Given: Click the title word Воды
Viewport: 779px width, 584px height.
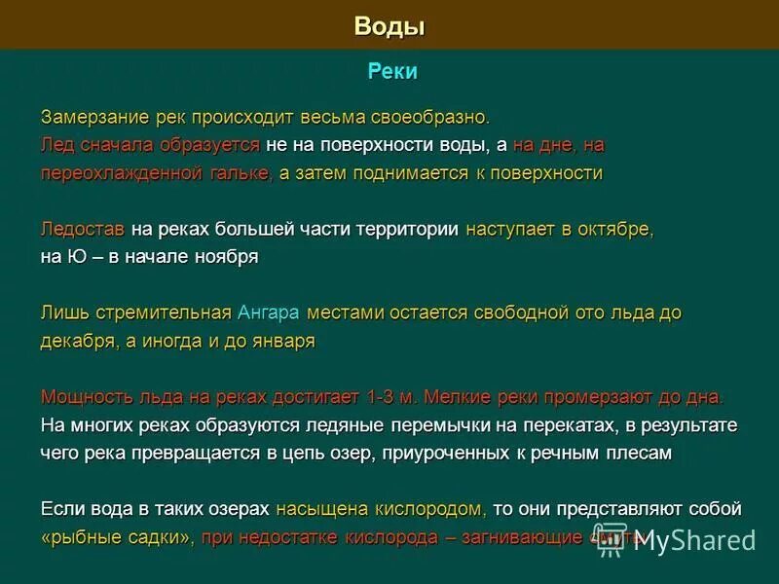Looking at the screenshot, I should pos(389,26).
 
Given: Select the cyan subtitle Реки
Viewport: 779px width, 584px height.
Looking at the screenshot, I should pos(392,72).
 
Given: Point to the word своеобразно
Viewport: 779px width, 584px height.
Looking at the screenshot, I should pos(429,117).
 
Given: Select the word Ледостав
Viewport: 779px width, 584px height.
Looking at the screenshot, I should pos(83,230).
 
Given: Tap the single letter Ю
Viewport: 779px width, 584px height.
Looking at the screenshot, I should pos(75,257).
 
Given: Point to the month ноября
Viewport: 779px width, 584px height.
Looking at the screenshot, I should pos(226,257).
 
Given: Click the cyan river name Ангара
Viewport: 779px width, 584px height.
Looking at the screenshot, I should pos(268,313).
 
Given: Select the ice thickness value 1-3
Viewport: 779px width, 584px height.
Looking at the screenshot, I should pos(383,398).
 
